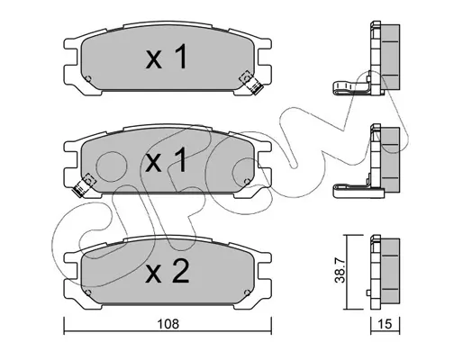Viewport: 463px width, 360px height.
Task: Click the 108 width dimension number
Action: point(168,324)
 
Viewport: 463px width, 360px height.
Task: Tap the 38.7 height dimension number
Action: point(340,272)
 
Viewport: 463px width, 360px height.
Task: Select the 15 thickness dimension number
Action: point(386,324)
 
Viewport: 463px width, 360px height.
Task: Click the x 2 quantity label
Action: point(168,272)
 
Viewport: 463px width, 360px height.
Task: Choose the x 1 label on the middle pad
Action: point(166,160)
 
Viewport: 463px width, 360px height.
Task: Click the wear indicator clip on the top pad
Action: point(250,83)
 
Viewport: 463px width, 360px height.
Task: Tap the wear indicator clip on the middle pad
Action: point(84,185)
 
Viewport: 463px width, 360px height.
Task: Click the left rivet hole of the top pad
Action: point(88,79)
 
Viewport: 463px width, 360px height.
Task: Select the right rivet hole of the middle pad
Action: point(247,182)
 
